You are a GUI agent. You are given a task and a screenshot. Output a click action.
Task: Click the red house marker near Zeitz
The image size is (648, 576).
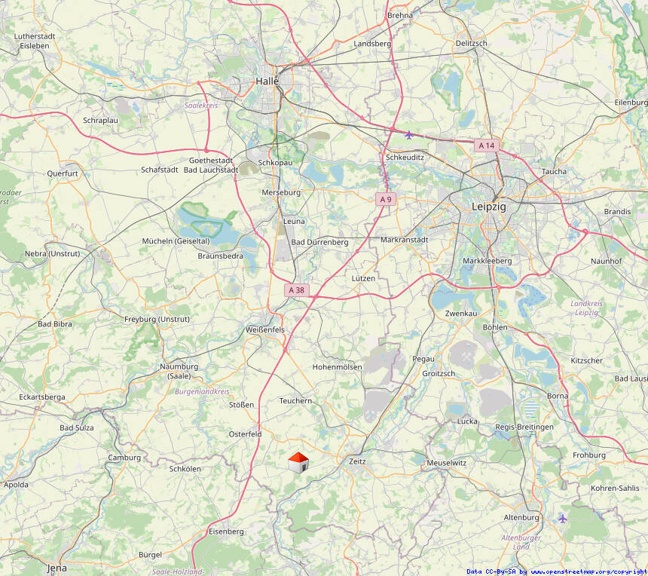point(298,463)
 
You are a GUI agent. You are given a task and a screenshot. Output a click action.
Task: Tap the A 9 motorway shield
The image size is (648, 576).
point(386,199)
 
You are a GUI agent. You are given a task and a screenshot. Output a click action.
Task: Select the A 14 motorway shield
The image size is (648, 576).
point(487,145)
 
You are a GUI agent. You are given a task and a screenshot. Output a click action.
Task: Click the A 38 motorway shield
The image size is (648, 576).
point(297,290)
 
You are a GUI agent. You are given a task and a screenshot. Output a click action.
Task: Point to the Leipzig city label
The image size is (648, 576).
point(488,207)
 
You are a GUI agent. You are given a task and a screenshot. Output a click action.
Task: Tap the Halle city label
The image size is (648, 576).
point(267,81)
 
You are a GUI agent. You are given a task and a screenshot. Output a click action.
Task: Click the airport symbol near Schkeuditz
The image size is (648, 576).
point(408,135)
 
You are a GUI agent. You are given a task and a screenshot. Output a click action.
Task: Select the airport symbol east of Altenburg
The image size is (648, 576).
point(562,518)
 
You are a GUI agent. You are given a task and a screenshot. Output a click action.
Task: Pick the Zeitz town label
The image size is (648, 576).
point(357,461)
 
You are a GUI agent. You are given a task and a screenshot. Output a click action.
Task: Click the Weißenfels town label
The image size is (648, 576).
point(265,330)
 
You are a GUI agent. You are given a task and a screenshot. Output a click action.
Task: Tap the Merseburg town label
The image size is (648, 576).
point(280,192)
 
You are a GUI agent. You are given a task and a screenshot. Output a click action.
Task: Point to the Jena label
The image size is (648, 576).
point(57,568)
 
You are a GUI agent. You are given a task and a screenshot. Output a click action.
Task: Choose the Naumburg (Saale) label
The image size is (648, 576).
point(179,371)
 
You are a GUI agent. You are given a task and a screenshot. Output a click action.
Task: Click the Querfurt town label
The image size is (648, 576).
point(63,173)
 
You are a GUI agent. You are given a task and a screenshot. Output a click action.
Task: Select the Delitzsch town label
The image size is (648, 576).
point(472,44)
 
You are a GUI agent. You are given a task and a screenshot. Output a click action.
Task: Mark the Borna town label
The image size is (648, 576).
point(558,395)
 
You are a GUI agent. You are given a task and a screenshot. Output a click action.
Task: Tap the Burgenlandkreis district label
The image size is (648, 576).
point(201,392)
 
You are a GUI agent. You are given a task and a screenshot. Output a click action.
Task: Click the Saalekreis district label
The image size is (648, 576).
point(201,106)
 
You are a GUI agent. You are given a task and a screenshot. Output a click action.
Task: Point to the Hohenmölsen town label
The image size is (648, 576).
point(337,367)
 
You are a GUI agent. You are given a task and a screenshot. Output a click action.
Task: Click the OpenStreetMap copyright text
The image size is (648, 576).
point(556,571)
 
